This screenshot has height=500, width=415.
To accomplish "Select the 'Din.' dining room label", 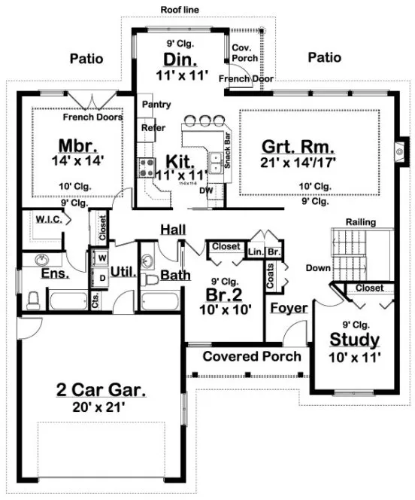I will (180, 59).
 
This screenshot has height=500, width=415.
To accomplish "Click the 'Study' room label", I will (354, 340).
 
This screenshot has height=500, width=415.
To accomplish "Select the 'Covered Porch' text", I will (252, 356).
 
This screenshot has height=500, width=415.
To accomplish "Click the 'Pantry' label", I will (156, 105).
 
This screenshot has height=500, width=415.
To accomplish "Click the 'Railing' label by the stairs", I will (361, 221).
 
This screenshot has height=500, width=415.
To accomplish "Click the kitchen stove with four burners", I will (145, 167).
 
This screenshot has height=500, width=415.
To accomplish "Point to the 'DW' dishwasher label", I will (205, 191).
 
